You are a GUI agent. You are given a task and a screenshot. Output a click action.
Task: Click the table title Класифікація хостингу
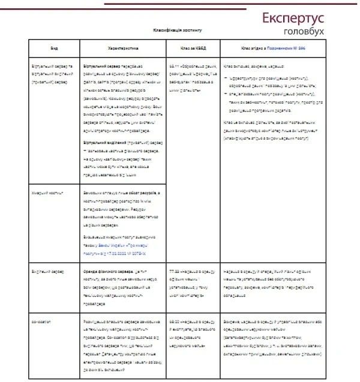tap(178, 29)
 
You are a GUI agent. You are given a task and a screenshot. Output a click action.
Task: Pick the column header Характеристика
tap(122, 48)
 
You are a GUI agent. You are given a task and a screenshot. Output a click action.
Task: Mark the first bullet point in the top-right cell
tap(225, 78)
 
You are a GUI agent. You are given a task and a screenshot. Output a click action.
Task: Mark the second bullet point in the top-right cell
tap(225, 95)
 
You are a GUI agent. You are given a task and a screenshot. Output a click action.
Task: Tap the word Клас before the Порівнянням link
tap(246, 48)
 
